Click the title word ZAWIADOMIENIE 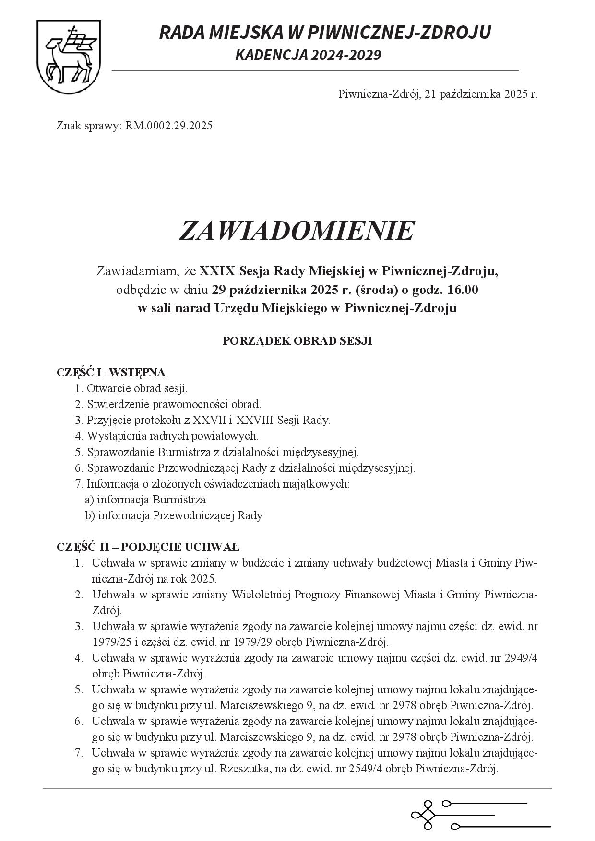(296, 231)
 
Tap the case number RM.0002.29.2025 (168, 126)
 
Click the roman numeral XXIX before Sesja (217, 271)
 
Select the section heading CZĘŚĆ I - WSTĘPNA (111, 373)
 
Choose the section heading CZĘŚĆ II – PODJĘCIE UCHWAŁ (148, 547)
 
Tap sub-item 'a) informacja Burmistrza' (145, 500)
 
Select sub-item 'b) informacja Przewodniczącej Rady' (174, 515)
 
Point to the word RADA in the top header (184, 33)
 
